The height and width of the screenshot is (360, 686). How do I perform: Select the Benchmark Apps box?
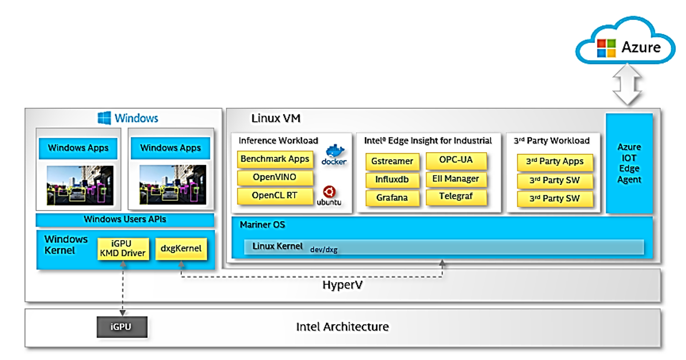(x=275, y=159)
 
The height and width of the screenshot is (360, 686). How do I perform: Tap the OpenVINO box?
(x=275, y=177)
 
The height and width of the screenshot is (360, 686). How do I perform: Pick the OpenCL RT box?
(x=275, y=196)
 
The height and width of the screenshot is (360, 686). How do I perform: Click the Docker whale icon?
(x=334, y=154)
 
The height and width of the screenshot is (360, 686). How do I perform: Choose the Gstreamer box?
(x=392, y=161)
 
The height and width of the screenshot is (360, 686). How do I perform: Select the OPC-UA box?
(x=456, y=161)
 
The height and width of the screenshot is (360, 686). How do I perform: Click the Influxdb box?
(x=392, y=179)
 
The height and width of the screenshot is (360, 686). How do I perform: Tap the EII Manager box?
(x=456, y=179)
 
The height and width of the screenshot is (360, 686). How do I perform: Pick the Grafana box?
(x=392, y=198)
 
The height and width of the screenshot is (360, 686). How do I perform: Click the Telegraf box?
(x=456, y=197)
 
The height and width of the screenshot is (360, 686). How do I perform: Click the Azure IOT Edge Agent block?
(x=629, y=163)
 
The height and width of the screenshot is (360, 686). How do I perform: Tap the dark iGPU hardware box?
(x=121, y=327)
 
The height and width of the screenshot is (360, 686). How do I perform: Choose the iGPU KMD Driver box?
(x=123, y=249)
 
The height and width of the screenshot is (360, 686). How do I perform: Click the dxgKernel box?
(x=181, y=249)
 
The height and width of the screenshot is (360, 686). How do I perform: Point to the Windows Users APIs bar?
(x=125, y=220)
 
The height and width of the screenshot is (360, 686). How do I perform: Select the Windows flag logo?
(x=105, y=118)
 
